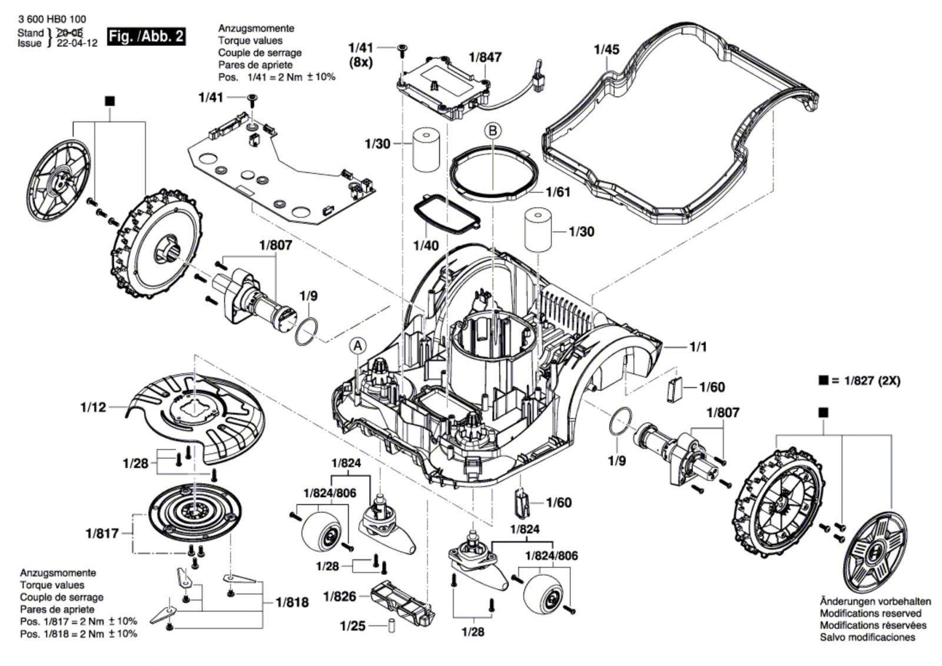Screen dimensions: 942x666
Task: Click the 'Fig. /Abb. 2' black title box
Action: (x=146, y=37)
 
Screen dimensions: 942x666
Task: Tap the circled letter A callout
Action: (x=357, y=346)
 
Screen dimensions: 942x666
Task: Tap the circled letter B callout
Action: (x=492, y=131)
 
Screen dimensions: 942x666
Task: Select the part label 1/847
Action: (x=485, y=57)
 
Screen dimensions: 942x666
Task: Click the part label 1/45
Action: (x=606, y=49)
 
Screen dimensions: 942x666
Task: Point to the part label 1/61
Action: (x=558, y=193)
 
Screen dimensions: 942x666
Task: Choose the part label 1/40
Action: (x=426, y=246)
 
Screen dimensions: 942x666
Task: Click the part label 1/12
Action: (x=94, y=407)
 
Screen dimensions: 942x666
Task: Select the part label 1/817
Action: (x=102, y=534)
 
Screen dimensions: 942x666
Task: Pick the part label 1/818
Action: (x=292, y=602)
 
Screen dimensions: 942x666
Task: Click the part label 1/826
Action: (x=340, y=597)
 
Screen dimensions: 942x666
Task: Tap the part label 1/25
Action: (x=353, y=627)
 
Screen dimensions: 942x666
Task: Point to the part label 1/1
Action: (x=698, y=347)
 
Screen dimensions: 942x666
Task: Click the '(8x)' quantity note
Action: (x=361, y=63)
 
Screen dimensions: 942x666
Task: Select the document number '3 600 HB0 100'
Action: (x=52, y=19)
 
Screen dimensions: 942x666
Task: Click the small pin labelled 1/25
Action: (x=392, y=625)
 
